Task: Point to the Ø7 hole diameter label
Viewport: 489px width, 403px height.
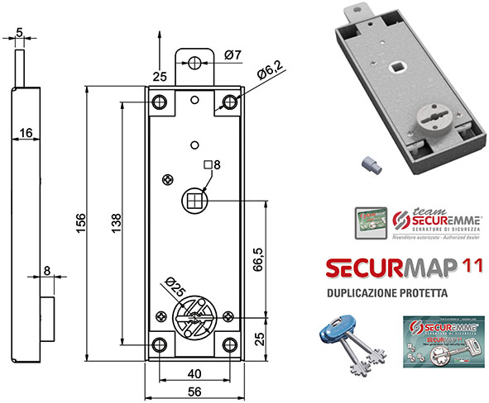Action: pos(233,55)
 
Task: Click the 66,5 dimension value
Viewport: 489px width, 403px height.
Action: pos(259,258)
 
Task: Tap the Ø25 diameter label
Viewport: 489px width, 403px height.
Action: pos(174,288)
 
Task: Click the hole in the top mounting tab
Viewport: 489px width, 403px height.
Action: pos(194,64)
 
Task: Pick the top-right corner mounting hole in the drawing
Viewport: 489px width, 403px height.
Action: pos(228,102)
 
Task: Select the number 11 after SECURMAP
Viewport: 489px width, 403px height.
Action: pos(475,268)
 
